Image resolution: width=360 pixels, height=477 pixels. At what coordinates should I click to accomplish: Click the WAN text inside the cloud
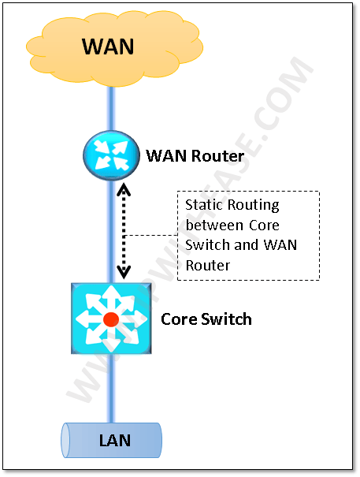(x=109, y=46)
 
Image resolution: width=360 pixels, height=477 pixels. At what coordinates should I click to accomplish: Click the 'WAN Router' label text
(x=195, y=156)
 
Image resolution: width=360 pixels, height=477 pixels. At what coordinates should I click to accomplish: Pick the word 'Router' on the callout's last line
(x=208, y=266)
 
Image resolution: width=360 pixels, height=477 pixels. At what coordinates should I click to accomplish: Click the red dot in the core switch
(x=111, y=319)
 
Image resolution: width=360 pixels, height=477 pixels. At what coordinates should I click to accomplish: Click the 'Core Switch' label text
(x=206, y=319)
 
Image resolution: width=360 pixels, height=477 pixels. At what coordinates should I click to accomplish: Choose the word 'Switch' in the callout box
(x=206, y=245)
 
